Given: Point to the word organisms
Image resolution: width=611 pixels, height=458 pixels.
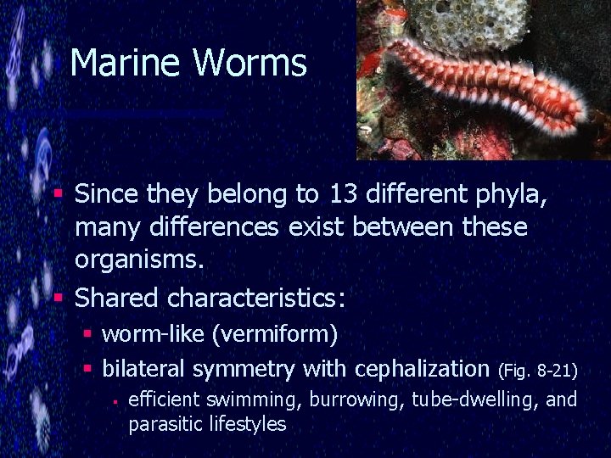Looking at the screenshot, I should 139,260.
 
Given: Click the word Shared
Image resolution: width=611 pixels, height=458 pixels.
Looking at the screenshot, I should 116,298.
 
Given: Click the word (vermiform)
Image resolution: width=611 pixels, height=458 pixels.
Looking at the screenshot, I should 277,334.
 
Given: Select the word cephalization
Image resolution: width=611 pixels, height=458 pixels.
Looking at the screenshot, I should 422,369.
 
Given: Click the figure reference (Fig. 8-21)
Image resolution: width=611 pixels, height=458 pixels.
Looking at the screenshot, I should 538,371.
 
